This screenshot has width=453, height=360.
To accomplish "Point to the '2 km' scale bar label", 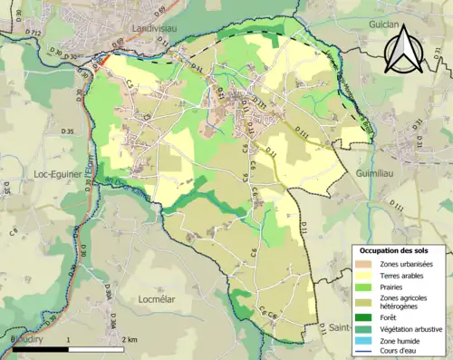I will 129,339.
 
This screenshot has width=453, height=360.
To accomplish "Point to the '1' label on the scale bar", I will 68,339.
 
